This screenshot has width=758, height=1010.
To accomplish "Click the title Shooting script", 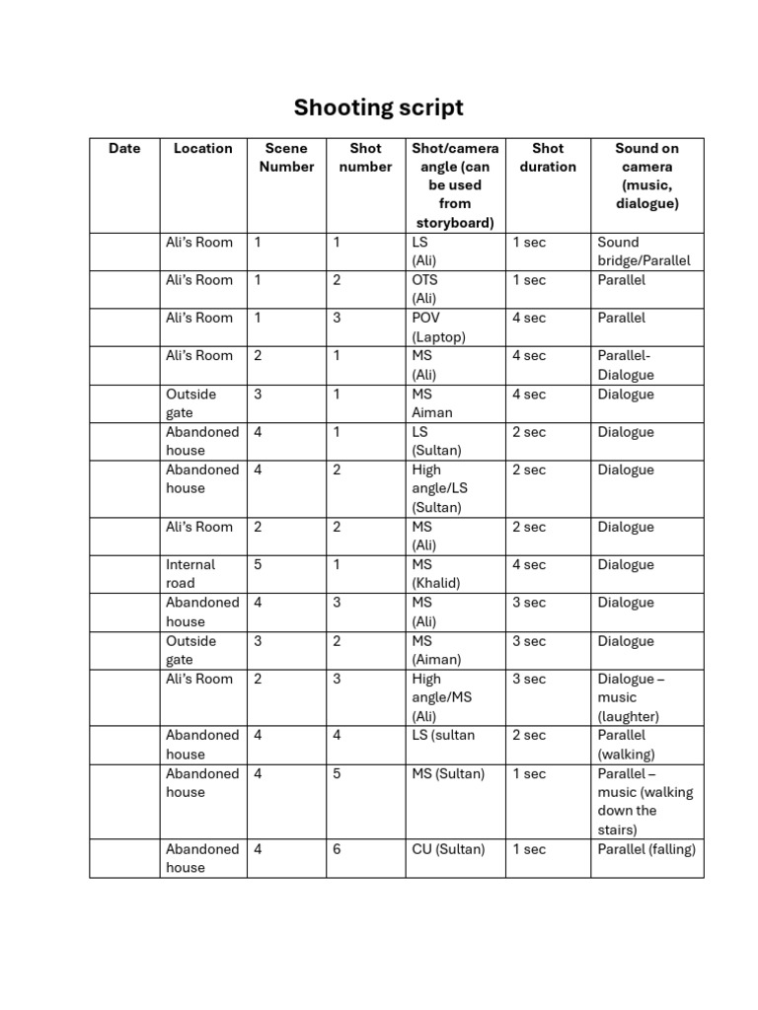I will [x=378, y=108].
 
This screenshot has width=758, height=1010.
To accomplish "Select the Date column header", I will [x=124, y=149].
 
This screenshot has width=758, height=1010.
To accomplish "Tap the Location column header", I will [x=202, y=149].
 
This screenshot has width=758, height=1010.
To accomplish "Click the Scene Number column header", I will [x=286, y=158].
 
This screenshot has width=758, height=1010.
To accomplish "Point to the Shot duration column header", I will [x=548, y=158].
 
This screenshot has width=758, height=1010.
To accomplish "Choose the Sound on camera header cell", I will [x=646, y=176].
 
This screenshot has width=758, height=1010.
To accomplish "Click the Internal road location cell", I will [x=189, y=573].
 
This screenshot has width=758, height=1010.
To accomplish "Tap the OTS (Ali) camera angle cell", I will [x=425, y=289].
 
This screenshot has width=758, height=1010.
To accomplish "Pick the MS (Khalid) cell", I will [x=436, y=573].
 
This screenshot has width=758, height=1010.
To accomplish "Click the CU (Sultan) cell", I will [x=448, y=849].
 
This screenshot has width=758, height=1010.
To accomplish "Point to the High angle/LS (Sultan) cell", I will [x=440, y=488].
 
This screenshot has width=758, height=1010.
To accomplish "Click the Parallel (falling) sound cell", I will [x=646, y=849].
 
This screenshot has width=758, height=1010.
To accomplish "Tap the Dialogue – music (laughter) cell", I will [x=631, y=697].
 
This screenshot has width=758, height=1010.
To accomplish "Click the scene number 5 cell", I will [x=259, y=565].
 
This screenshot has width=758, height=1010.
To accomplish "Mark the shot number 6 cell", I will [x=337, y=849].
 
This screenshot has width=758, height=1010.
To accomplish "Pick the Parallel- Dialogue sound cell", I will [x=625, y=365].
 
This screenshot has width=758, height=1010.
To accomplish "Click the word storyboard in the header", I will [x=455, y=223].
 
